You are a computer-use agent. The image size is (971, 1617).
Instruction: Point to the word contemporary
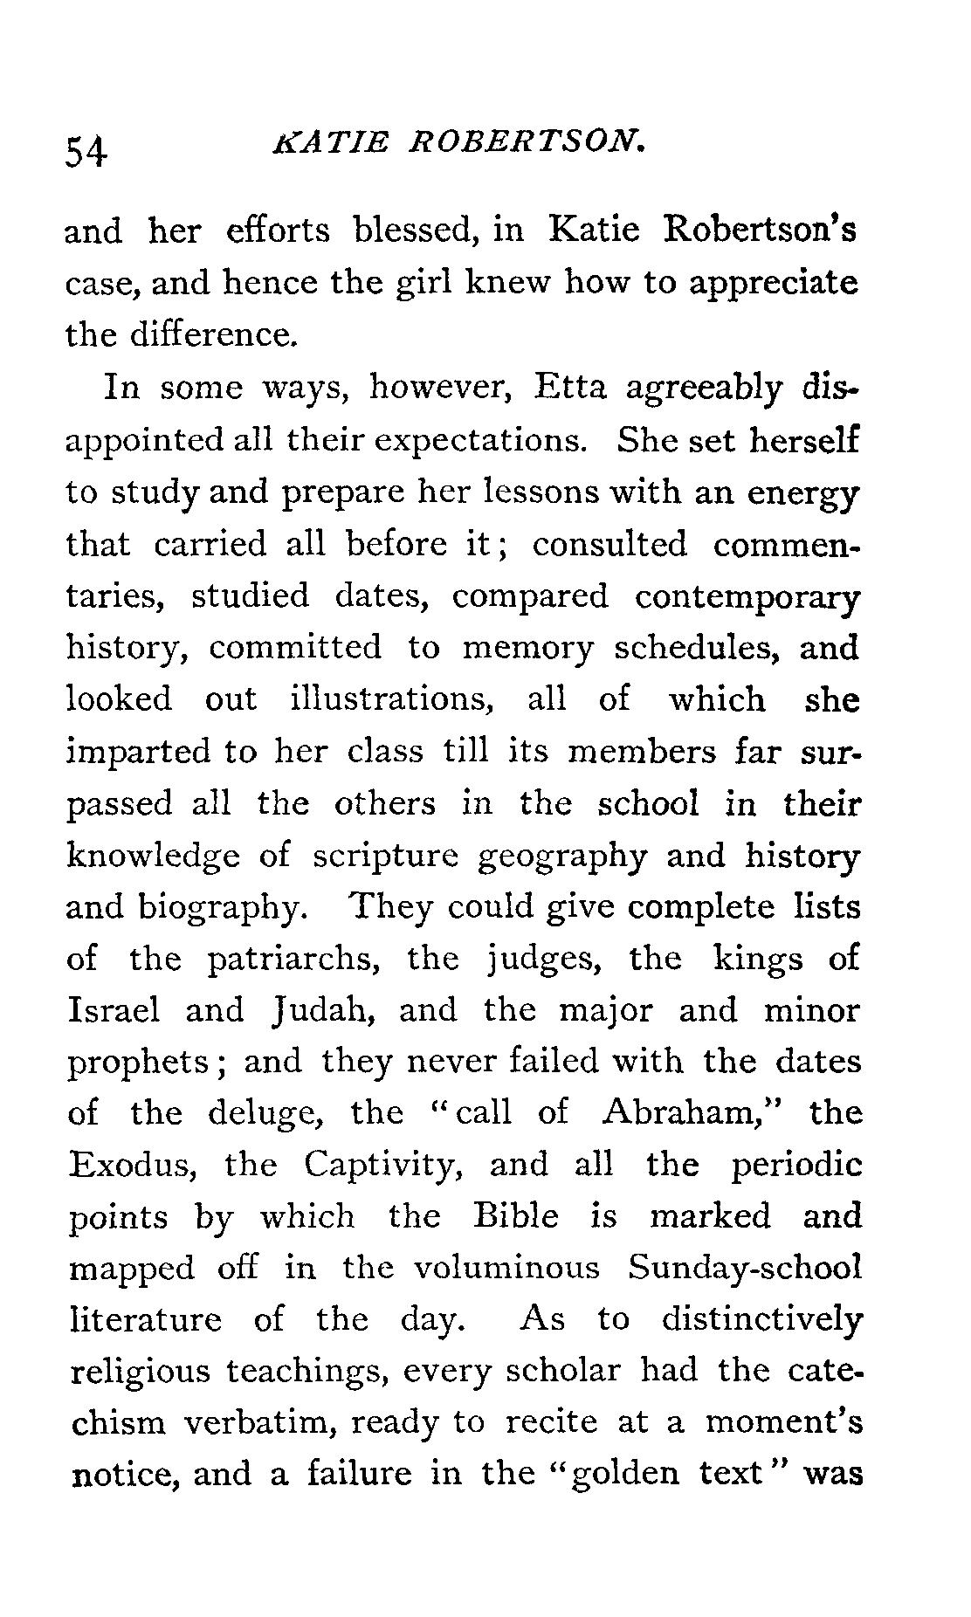pyautogui.click(x=747, y=596)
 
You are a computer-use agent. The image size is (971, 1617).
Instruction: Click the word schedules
pyautogui.click(x=693, y=647)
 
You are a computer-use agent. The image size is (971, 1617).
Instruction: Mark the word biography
pyautogui.click(x=222, y=908)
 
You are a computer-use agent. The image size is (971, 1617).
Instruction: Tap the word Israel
pyautogui.click(x=114, y=1010)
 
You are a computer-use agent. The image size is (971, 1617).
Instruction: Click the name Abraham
pyautogui.click(x=683, y=1113)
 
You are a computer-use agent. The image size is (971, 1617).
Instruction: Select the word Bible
pyautogui.click(x=515, y=1216)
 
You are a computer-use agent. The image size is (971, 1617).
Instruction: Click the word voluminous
pyautogui.click(x=506, y=1268)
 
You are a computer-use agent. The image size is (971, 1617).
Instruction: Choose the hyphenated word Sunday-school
pyautogui.click(x=744, y=1269)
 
